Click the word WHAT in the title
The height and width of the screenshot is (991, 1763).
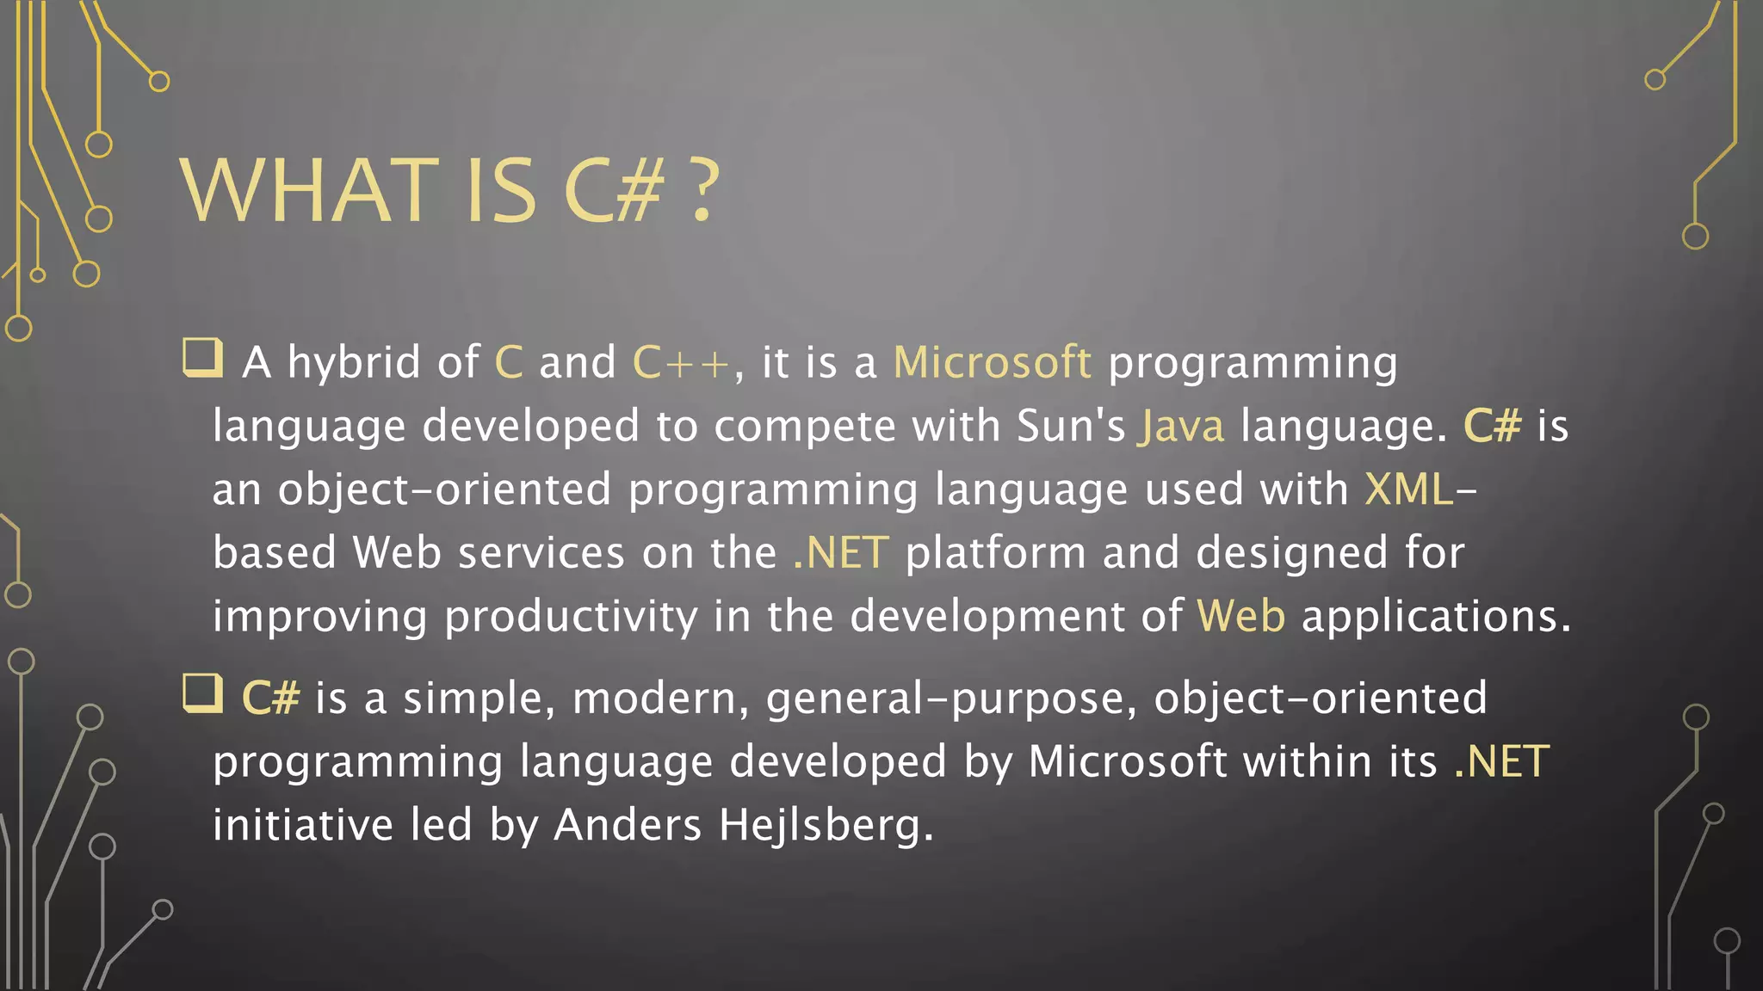coord(309,191)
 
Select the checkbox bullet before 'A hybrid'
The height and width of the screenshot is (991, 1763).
coord(203,358)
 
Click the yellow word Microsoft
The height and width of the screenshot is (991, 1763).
coord(992,362)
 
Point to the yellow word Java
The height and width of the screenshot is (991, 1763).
coord(1180,426)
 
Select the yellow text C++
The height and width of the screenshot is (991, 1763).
coord(681,362)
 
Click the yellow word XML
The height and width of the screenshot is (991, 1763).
coord(1409,489)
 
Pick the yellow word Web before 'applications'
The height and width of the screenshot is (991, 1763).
coord(1240,617)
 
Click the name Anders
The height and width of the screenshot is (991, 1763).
coord(628,824)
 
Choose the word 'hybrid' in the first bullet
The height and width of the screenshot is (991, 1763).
coord(354,362)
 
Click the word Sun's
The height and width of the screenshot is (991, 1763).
coord(1070,426)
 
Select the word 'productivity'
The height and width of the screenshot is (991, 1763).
coord(571,617)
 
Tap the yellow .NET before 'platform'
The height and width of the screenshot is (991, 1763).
coord(840,553)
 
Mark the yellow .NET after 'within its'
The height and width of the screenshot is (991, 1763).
coord(1501,761)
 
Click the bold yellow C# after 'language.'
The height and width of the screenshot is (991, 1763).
coord(1492,426)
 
